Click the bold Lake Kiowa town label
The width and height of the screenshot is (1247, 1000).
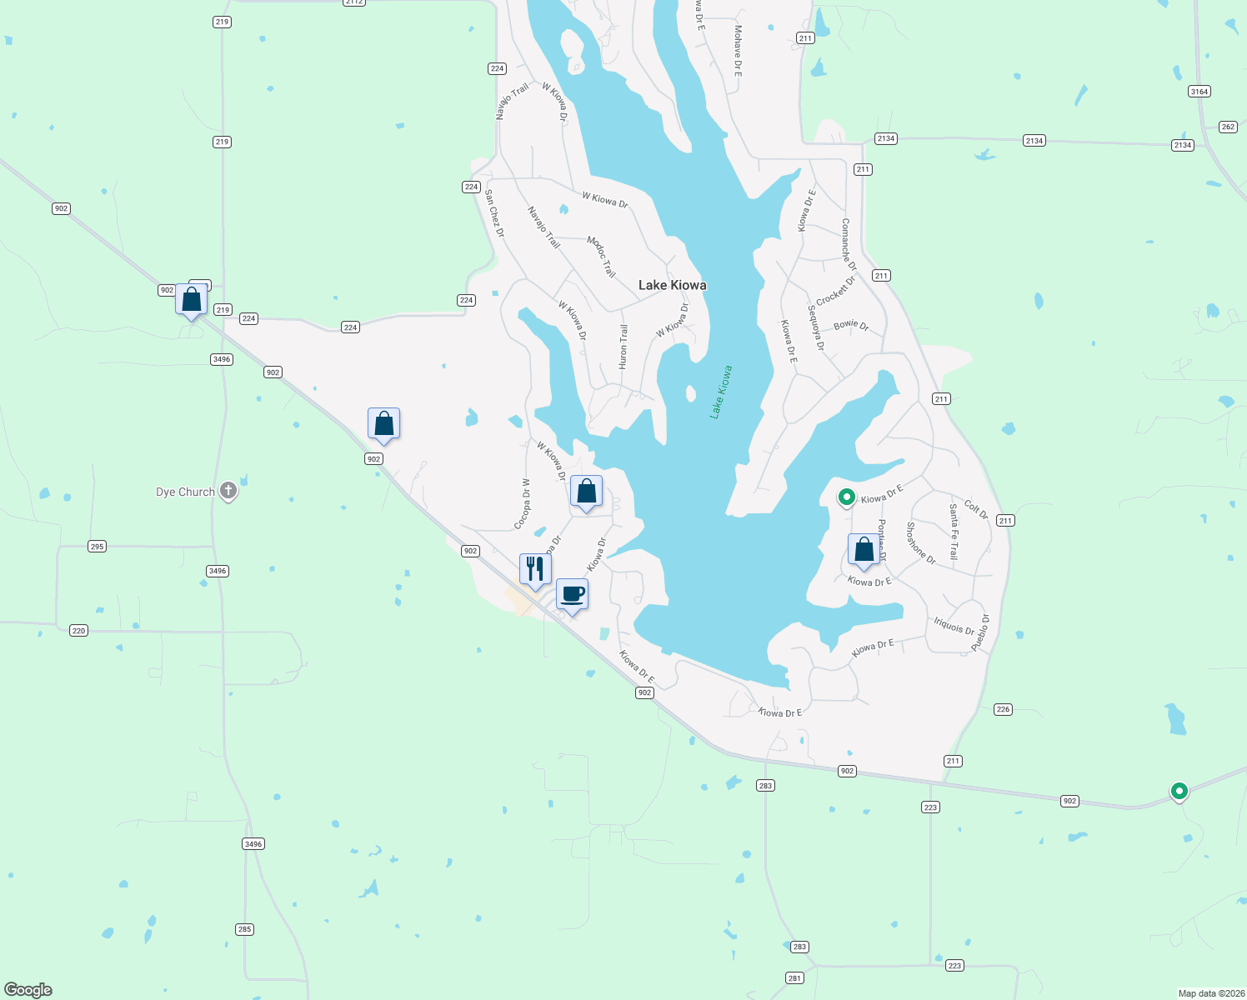[x=672, y=285]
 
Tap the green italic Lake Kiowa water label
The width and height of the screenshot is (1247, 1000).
[x=721, y=392]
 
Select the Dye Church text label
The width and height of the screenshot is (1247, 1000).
[x=185, y=492]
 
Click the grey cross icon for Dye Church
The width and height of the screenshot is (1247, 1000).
[x=228, y=491]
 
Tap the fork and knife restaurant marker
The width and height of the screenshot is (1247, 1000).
[x=535, y=570]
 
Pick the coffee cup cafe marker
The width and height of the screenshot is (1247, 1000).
[x=572, y=595]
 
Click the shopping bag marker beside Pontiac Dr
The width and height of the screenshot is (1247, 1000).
[x=864, y=550]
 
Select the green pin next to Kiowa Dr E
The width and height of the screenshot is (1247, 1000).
[x=846, y=498]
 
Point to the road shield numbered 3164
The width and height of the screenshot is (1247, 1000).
[x=1199, y=92]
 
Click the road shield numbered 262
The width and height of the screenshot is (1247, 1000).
[x=1227, y=127]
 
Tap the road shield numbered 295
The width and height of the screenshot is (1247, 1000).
[x=97, y=547]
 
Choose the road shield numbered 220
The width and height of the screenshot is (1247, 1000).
[x=78, y=631]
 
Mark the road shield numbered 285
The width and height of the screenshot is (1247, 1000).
[x=243, y=929]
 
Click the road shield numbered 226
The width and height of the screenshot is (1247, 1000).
[x=1003, y=709]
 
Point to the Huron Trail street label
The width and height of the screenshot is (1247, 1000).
[x=623, y=347]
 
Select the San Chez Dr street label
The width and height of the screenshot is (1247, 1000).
[x=494, y=213]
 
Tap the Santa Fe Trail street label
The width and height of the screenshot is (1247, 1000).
[x=954, y=531]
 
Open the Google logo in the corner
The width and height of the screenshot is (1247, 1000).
[x=28, y=989]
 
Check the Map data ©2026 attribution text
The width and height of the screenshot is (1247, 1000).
[x=1209, y=993]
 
